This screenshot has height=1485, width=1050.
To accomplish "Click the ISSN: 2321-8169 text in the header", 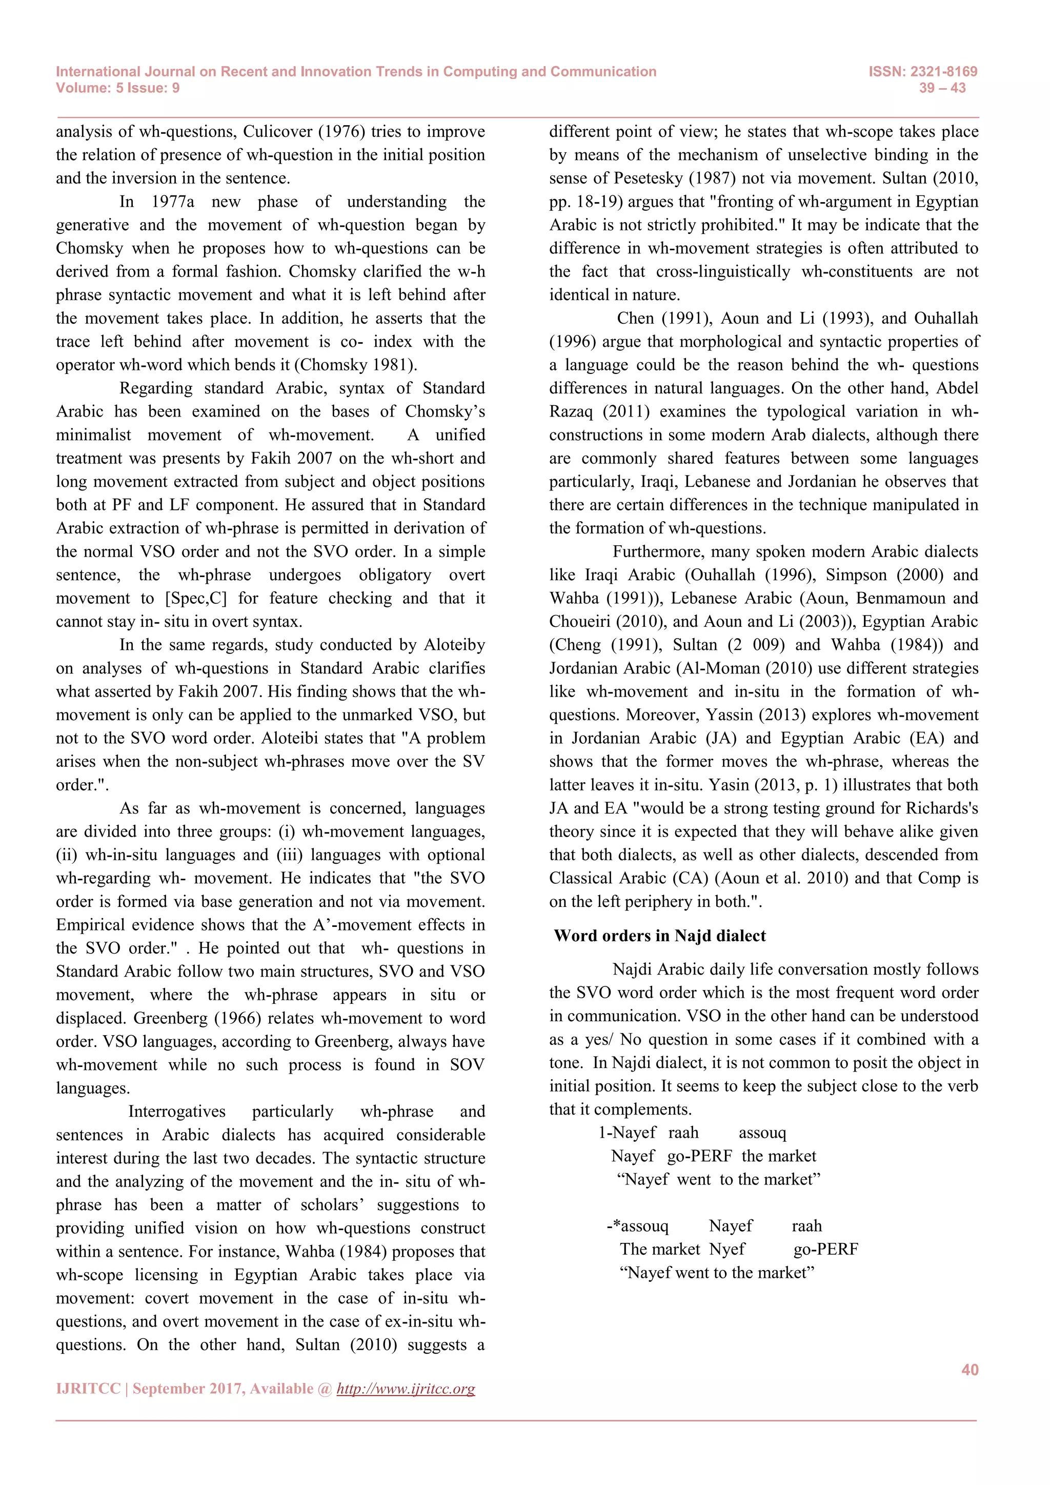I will pyautogui.click(x=923, y=72).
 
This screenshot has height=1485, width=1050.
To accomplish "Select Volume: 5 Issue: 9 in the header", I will pyautogui.click(x=118, y=88).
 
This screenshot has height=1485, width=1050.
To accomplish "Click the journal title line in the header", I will pyautogui.click(x=356, y=72).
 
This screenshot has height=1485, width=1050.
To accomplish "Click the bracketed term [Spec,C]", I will pyautogui.click(x=196, y=598).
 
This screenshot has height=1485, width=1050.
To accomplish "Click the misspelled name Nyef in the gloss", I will pyautogui.click(x=728, y=1250).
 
